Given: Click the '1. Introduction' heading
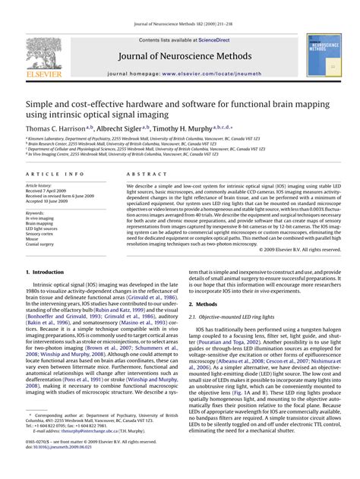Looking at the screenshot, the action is [x=45, y=272].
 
